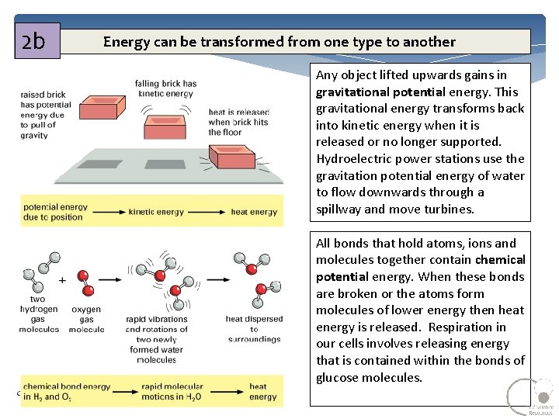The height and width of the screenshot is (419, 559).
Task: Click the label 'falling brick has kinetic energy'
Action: pyautogui.click(x=165, y=88)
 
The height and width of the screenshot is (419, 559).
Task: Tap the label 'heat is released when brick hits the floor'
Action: pyautogui.click(x=238, y=123)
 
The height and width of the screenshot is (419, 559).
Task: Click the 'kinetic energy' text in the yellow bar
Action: pyautogui.click(x=156, y=212)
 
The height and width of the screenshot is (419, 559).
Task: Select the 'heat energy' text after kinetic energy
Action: pyautogui.click(x=254, y=212)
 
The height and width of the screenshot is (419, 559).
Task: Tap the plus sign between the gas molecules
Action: pyautogui.click(x=62, y=278)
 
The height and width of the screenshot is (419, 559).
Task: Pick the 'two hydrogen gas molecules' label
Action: pyautogui.click(x=39, y=314)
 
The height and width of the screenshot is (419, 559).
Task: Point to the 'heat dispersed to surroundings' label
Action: pyautogui.click(x=254, y=329)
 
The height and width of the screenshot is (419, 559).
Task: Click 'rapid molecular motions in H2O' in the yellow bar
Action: pyautogui.click(x=172, y=392)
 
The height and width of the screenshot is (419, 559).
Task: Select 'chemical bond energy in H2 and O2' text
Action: pyautogui.click(x=67, y=392)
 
